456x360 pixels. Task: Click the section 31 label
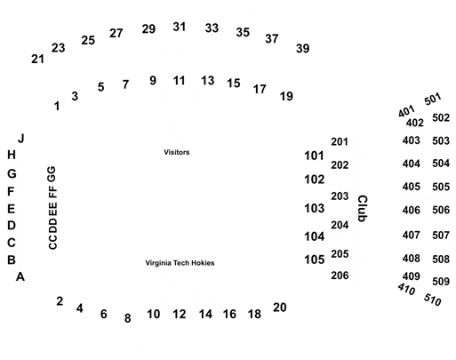[180, 27]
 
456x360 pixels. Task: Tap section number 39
[303, 48]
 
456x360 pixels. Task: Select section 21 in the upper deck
[37, 59]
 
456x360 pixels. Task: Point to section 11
[179, 81]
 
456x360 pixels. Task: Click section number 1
[57, 106]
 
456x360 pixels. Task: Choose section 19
[286, 96]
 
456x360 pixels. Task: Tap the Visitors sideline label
[177, 152]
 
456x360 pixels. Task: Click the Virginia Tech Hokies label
[180, 263]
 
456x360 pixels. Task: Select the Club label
[363, 208]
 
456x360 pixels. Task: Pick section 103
[315, 208]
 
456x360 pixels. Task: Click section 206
[340, 276]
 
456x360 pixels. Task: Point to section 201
[340, 142]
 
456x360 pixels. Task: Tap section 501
[433, 99]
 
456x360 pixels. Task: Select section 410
[406, 289]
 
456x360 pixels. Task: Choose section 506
[441, 210]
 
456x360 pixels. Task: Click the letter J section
[21, 139]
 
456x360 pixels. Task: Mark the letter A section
[20, 276]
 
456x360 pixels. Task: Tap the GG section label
[52, 174]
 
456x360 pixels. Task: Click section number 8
[127, 318]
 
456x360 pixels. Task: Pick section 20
[280, 308]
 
